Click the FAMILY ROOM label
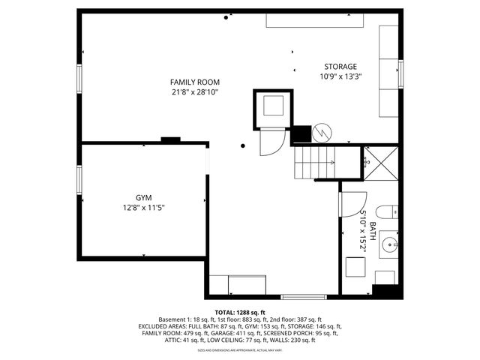click(x=194, y=82)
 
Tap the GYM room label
click(x=142, y=197)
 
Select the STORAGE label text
click(x=340, y=67)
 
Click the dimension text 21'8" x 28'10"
click(x=194, y=92)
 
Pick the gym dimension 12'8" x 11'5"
click(x=142, y=208)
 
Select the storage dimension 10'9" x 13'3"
click(x=340, y=76)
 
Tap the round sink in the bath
click(x=390, y=244)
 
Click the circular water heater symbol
click(x=320, y=133)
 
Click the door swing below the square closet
click(x=271, y=142)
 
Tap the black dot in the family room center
click(x=243, y=146)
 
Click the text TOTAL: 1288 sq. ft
click(x=240, y=312)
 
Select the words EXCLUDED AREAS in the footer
click(x=161, y=326)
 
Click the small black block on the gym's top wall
click(x=171, y=139)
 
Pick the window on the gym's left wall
click(x=79, y=180)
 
